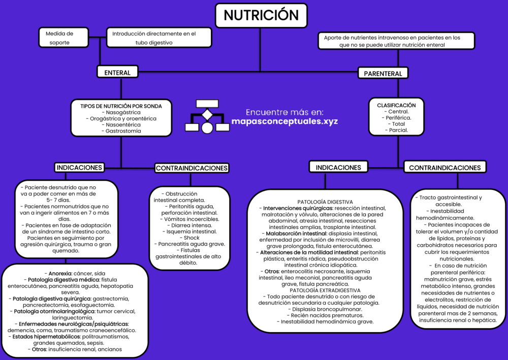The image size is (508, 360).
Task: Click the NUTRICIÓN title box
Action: pos(261,15)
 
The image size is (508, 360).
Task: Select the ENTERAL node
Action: pos(117,73)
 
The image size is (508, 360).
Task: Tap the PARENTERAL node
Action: pos(383,74)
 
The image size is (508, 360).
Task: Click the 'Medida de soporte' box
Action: pos(59,38)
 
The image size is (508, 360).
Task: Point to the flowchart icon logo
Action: pos(207,116)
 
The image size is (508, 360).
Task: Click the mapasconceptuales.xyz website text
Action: pos(284,122)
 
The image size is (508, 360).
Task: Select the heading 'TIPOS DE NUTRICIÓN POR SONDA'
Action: pos(121,106)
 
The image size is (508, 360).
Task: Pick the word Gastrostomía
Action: pos(123,131)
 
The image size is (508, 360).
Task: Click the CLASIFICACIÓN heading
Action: pos(396,105)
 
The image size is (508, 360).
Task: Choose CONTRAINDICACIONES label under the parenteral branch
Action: pos(444,168)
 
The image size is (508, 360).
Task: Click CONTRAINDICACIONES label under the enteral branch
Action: pos(192,168)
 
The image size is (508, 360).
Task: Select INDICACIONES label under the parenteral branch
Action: pos(338,168)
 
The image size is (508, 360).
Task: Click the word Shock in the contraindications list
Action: pos(192,238)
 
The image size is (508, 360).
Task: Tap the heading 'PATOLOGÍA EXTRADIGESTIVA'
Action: pos(325,290)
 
